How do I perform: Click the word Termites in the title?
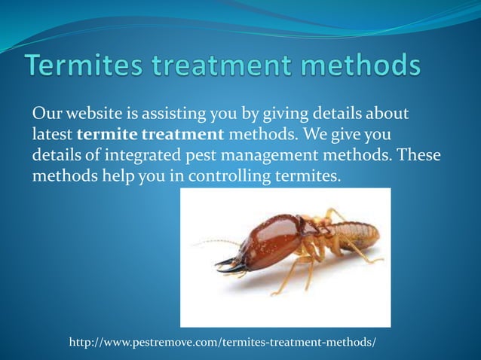(82, 66)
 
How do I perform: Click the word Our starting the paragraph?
(44, 114)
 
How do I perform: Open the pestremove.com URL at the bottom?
(222, 343)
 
